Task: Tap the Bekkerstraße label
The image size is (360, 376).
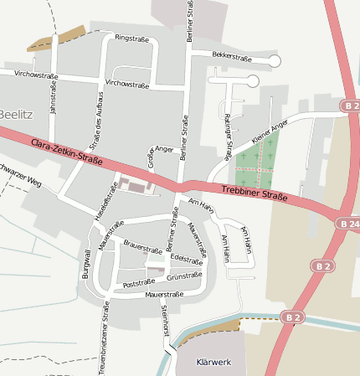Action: (x=232, y=57)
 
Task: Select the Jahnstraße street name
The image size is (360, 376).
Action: (x=53, y=99)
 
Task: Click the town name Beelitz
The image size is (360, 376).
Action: (x=15, y=114)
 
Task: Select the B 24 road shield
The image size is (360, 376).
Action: (x=348, y=224)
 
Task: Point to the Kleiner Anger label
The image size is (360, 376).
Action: (x=269, y=131)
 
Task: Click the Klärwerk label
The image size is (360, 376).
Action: (x=212, y=363)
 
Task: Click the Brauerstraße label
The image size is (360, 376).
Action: (x=142, y=248)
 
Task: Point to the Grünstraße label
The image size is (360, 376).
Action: (x=185, y=276)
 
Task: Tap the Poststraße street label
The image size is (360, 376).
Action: (x=140, y=284)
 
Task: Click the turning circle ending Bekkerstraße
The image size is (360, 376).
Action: (x=275, y=60)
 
